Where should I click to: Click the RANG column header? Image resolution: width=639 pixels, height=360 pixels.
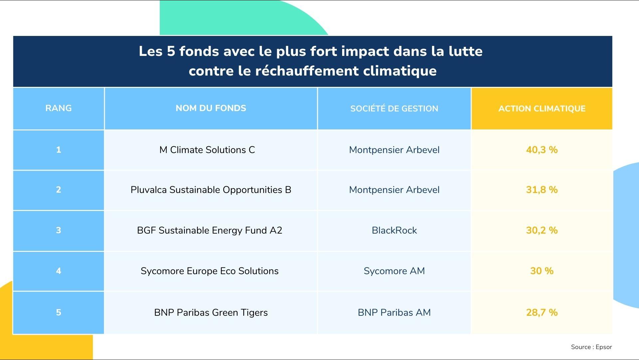tap(59, 108)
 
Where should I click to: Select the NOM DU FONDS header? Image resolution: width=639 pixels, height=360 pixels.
tap(211, 108)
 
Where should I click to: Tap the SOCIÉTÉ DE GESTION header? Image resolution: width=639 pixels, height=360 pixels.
tap(394, 108)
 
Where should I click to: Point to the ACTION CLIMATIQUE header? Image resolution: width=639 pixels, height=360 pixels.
tap(542, 108)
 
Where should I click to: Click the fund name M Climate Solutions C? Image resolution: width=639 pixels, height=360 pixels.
tap(207, 150)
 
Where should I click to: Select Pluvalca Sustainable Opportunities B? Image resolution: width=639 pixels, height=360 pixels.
tap(211, 190)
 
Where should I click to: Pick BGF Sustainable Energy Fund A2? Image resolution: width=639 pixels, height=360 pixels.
tap(209, 230)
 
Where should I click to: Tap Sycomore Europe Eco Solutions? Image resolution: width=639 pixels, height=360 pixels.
tap(209, 271)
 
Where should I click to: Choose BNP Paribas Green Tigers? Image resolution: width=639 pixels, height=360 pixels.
tap(211, 312)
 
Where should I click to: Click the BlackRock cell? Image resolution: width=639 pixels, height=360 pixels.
tap(394, 230)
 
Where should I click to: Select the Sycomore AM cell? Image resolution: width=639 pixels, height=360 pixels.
tap(394, 271)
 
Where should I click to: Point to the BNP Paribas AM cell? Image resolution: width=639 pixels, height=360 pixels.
tap(394, 312)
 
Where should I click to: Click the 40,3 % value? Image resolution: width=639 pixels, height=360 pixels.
tap(542, 150)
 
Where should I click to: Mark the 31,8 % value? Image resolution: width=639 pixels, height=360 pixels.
tap(542, 190)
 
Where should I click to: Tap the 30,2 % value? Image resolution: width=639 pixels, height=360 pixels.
tap(542, 230)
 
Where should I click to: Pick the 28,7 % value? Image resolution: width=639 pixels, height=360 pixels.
tap(542, 312)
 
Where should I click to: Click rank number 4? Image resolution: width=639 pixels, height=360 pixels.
tap(59, 271)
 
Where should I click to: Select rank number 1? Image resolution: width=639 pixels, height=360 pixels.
tap(59, 150)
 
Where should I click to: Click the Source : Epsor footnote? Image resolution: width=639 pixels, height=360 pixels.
tap(591, 347)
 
